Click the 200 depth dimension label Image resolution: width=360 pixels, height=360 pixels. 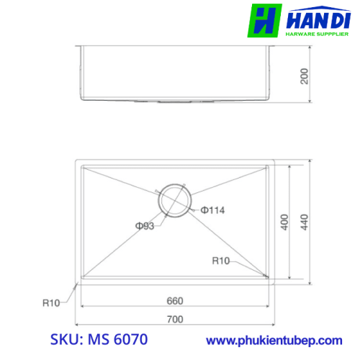tap(304, 76)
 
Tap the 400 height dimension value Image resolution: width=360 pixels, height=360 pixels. tap(284, 222)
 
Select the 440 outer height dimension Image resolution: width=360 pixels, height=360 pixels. tap(304, 222)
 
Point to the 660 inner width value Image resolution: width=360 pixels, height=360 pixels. tap(175, 301)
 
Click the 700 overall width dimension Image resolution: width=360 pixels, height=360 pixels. tap(175, 319)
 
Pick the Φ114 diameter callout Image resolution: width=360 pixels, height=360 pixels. tap(212, 210)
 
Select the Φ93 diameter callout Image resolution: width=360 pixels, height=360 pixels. tap(145, 226)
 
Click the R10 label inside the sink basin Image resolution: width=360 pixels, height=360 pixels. tap(221, 261)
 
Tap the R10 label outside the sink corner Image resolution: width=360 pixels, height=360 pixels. tap(51, 303)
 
